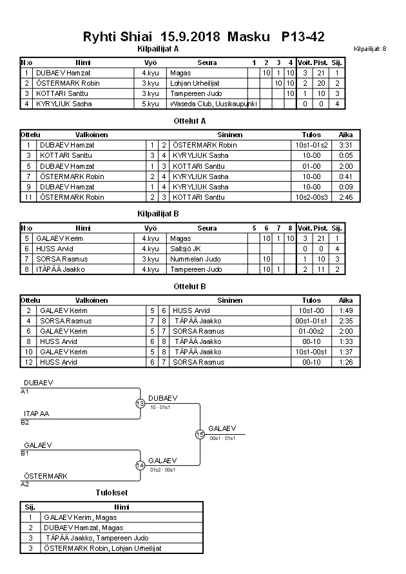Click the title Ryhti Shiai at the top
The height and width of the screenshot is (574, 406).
point(118,37)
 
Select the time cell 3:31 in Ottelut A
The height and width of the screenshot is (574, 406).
point(345,145)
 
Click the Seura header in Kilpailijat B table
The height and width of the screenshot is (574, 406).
point(207,228)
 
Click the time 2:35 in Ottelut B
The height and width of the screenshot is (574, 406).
point(345,321)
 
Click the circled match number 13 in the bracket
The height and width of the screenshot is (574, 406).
point(140,404)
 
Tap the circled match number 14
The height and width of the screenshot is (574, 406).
point(140,465)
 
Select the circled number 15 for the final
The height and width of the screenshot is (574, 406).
point(200,435)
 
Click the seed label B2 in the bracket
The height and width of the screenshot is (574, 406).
point(24,423)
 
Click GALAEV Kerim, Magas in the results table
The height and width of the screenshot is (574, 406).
point(81,517)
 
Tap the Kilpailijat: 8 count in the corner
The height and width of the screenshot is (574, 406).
point(370,49)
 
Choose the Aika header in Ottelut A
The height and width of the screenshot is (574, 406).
point(345,135)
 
